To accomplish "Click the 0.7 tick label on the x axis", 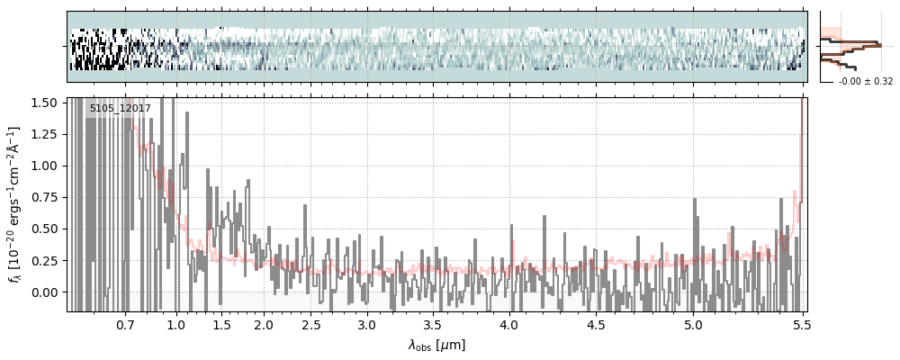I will (124, 324).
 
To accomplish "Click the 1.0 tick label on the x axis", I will (176, 324).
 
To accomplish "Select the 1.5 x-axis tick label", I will (221, 324).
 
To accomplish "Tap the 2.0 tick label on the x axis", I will (263, 324).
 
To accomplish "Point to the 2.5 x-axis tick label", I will (311, 324).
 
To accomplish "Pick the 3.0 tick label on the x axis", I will (365, 324).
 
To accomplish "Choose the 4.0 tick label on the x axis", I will (509, 324).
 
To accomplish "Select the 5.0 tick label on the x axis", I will (693, 324).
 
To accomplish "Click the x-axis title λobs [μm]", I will (436, 345).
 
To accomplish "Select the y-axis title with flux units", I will (15, 204).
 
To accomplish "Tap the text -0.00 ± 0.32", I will (866, 82).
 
